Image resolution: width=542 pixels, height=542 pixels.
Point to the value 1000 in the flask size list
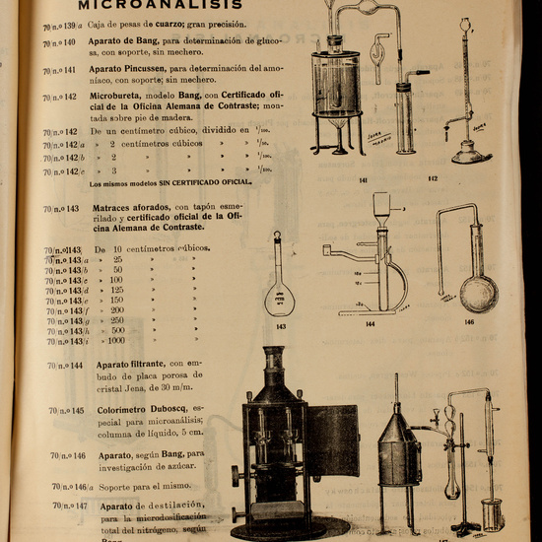[117, 341]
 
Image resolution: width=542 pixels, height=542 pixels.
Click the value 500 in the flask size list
[117, 330]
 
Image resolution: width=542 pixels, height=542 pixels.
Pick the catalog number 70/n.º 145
[66, 411]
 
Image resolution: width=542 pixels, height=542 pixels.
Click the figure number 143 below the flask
[281, 325]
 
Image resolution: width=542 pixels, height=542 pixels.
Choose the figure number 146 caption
[469, 321]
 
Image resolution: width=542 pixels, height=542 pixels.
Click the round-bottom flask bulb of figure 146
[479, 293]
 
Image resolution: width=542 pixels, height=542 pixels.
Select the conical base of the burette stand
[470, 151]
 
